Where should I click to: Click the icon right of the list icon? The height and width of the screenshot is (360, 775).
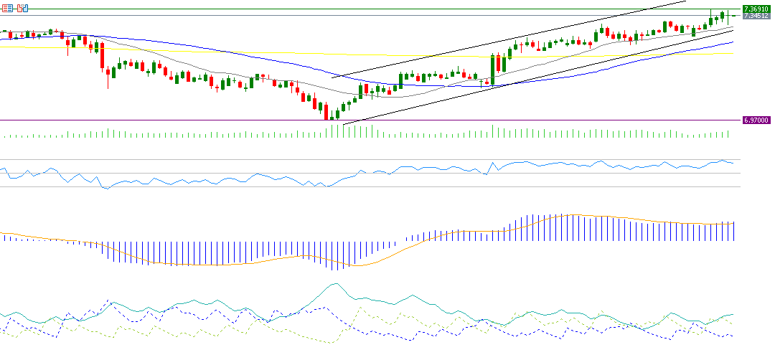point(22,8)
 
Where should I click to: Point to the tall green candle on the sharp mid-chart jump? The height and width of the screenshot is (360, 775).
point(493,70)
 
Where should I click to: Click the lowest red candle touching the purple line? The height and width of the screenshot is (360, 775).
point(326,112)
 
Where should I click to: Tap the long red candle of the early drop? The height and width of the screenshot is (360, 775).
point(103,57)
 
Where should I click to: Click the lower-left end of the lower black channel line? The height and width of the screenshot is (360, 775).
point(344,124)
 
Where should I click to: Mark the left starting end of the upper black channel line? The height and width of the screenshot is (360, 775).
point(332,77)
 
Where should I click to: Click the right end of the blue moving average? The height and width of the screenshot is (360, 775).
point(733,42)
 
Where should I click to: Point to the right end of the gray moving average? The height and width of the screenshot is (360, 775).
point(733,27)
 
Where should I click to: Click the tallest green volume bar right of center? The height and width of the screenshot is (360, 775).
point(492,131)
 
